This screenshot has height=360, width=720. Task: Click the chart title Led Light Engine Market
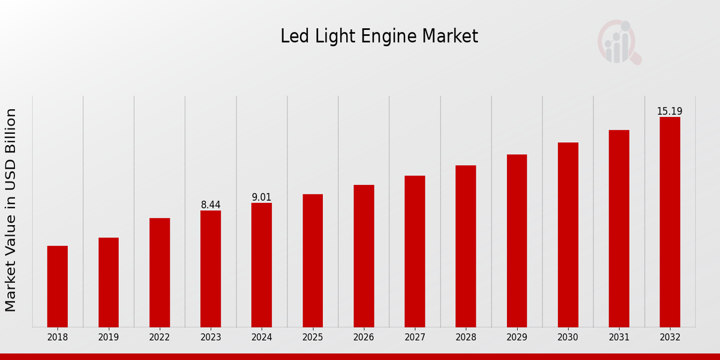point(379,37)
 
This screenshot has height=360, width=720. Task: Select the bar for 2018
point(58,286)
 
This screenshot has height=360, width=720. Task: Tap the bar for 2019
point(109,282)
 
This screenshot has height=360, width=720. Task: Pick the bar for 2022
point(160,272)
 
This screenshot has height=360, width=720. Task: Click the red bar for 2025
point(313,260)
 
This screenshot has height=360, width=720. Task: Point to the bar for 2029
point(517,241)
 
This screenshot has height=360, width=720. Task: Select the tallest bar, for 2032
point(670,222)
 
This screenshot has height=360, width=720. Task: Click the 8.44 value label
point(211,205)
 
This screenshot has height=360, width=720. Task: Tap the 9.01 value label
point(262,197)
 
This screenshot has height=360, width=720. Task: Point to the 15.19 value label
point(670,112)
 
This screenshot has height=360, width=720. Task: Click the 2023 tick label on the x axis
point(211,337)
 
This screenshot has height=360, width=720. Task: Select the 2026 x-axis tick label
point(364,337)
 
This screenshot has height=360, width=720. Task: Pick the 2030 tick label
point(568,337)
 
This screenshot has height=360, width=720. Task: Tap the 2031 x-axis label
point(619,337)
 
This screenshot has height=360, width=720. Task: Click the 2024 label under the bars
point(262,337)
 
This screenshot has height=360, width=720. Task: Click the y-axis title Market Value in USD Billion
point(11,210)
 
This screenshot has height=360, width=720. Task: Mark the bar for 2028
point(466,246)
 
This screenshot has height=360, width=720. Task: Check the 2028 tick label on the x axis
point(466,337)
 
